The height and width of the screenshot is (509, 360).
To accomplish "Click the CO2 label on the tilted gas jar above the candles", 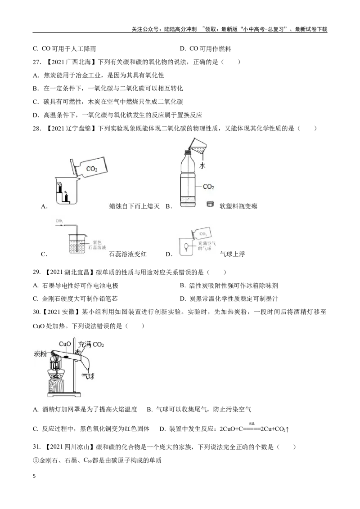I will click(x=92, y=170).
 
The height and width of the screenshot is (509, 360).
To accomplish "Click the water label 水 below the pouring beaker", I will click(x=202, y=165).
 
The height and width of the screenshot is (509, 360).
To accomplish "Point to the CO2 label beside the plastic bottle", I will click(x=208, y=186).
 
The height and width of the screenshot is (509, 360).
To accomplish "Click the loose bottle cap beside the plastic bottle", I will click(x=209, y=204).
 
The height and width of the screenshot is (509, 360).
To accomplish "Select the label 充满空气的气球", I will click(x=205, y=246).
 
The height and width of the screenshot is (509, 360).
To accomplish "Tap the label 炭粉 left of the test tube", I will click(x=41, y=354).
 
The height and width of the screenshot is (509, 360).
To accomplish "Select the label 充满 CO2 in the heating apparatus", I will click(x=91, y=344).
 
